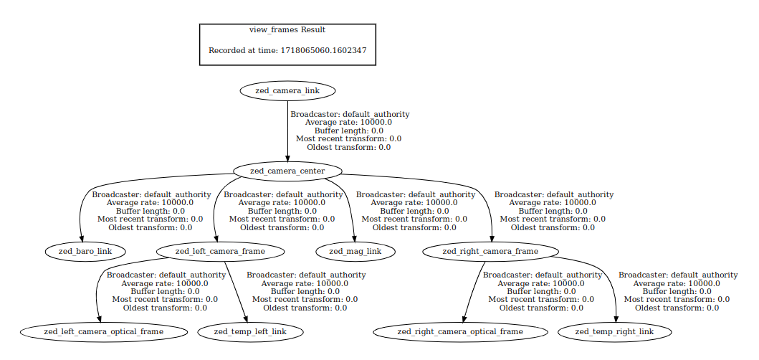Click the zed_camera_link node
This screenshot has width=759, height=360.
pyautogui.click(x=287, y=90)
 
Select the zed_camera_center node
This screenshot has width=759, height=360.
pyautogui.click(x=287, y=171)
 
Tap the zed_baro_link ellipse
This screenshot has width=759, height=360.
pyautogui.click(x=85, y=252)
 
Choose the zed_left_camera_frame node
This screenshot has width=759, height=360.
pyautogui.click(x=220, y=252)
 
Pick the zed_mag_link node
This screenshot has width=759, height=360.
pyautogui.click(x=355, y=252)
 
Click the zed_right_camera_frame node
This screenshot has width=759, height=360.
pyautogui.click(x=490, y=252)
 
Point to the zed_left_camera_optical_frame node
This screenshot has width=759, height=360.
pyautogui.click(x=104, y=332)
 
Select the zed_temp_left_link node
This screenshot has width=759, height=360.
pyautogui.click(x=250, y=332)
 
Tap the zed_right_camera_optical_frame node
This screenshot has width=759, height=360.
pyautogui.click(x=460, y=332)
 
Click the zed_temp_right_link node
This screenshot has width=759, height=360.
pyautogui.click(x=615, y=332)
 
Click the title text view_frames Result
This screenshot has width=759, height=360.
pyautogui.click(x=287, y=29)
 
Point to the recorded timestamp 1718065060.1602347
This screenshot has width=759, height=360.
pyautogui.click(x=328, y=50)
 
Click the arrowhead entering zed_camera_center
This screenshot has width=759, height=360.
pyautogui.click(x=287, y=158)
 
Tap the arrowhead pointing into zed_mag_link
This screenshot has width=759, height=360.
pyautogui.click(x=354, y=238)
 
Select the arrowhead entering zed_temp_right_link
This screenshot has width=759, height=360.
pyautogui.click(x=616, y=319)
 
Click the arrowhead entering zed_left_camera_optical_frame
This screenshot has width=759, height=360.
pyautogui.click(x=99, y=319)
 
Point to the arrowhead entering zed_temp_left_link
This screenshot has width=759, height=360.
pyautogui.click(x=247, y=319)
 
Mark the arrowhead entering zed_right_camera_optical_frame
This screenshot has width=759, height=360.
pyautogui.click(x=464, y=319)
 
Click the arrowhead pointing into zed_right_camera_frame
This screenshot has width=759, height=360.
pyautogui.click(x=492, y=238)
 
